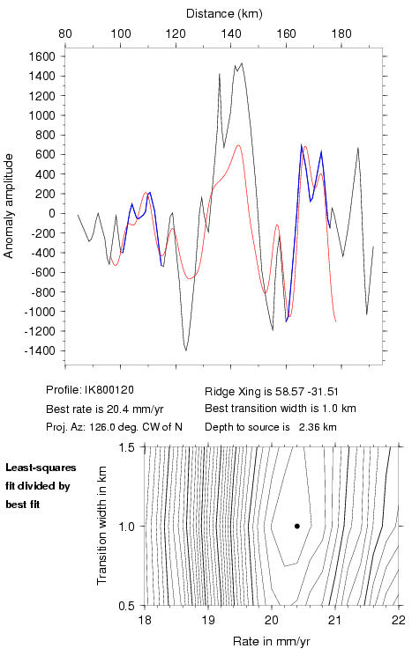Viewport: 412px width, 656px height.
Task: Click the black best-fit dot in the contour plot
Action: tap(297, 526)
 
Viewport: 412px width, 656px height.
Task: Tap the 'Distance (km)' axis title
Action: tap(224, 14)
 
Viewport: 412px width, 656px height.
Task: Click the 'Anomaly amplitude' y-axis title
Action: tap(9, 206)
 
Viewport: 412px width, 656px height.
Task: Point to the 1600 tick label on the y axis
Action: tap(42, 56)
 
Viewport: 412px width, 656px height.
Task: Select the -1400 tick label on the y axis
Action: tap(40, 351)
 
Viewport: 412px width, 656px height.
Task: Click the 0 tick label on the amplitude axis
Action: tap(52, 213)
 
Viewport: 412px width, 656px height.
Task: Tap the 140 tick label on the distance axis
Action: tap(231, 33)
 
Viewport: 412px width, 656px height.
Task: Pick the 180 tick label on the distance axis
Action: tap(341, 33)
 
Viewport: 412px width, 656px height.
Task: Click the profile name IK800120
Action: tap(109, 390)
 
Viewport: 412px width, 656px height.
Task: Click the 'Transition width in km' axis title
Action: tap(101, 526)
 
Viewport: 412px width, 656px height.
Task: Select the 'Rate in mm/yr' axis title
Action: tap(272, 641)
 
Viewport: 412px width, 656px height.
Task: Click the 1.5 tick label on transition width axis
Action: tap(126, 447)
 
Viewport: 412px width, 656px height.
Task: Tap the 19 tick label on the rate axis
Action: tap(208, 620)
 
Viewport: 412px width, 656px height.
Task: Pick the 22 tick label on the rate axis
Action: tap(399, 620)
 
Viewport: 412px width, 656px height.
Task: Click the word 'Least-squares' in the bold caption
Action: tap(41, 468)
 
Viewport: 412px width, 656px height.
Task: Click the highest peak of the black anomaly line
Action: tap(242, 63)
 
